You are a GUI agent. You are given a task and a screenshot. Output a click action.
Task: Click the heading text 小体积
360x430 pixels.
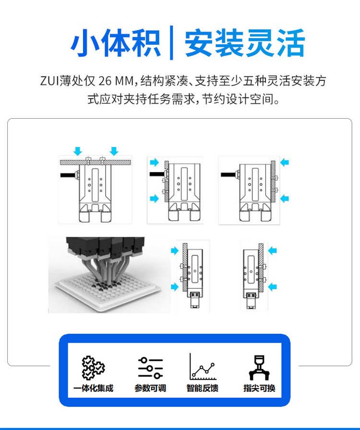[115, 43]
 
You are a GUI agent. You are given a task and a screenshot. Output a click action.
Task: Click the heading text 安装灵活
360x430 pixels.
[245, 43]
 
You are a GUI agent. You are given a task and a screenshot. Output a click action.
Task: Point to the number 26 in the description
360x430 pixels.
[105, 81]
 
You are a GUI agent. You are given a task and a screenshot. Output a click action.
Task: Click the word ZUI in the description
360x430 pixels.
[49, 81]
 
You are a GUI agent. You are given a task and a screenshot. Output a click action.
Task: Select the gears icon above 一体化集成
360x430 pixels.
[93, 368]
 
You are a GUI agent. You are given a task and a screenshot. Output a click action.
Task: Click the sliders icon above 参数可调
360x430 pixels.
[150, 368]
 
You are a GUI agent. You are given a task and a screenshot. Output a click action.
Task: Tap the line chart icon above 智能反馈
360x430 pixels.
[203, 367]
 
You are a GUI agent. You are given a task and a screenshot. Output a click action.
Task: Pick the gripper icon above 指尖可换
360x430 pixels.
[259, 368]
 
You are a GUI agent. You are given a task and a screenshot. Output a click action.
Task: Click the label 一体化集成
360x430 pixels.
[93, 388]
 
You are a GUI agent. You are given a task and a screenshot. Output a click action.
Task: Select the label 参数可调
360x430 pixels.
[150, 388]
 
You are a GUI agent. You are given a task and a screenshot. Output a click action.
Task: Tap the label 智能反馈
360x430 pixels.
[203, 388]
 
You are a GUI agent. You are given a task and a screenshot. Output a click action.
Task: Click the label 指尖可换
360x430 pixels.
[259, 388]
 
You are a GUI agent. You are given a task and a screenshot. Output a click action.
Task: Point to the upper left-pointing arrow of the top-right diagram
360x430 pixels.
[285, 162]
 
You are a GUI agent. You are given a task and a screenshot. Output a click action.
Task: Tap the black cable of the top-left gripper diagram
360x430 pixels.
[68, 175]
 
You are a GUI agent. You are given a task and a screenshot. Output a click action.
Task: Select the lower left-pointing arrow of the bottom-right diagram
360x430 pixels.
[272, 287]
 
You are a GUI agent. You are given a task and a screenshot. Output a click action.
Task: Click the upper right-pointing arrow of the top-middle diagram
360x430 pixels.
[155, 162]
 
